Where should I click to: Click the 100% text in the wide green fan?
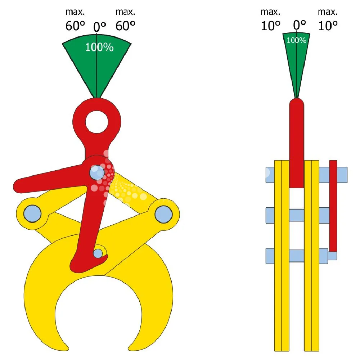(99, 48)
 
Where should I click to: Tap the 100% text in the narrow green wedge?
(296, 40)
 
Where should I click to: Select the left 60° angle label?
(75, 26)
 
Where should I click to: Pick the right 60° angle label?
(125, 26)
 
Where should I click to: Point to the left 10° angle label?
(271, 26)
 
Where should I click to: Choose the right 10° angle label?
(328, 26)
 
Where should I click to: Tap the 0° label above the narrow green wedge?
(300, 25)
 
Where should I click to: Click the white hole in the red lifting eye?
(97, 122)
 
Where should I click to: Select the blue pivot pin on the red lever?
(97, 173)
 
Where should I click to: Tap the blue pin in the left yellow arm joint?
(32, 213)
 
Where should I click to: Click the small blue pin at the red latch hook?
(98, 253)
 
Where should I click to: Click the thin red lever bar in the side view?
(333, 205)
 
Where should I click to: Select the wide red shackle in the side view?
(296, 144)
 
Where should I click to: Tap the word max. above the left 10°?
(270, 12)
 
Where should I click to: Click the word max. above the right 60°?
(125, 12)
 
